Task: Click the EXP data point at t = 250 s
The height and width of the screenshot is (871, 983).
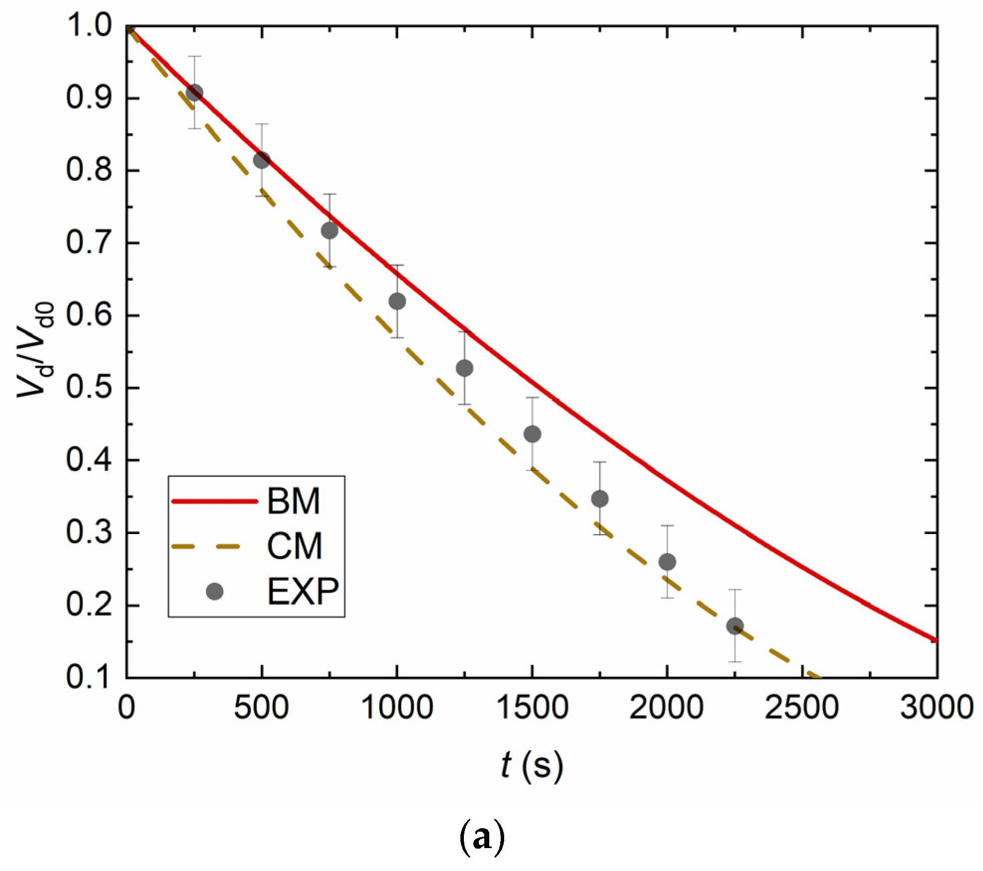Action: pos(194,93)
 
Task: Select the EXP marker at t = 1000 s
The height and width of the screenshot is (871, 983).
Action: pos(397,301)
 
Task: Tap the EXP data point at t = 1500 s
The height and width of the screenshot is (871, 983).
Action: pos(532,434)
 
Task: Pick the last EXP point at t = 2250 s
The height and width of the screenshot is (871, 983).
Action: pos(735,626)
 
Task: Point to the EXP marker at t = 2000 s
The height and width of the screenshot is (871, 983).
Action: pos(667,562)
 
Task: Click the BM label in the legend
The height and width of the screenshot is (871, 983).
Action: pos(293,501)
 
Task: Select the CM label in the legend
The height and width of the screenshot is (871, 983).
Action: pos(294,546)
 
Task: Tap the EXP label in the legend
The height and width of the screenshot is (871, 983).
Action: pos(303,592)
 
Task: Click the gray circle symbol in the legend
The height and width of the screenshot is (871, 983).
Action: pos(215,592)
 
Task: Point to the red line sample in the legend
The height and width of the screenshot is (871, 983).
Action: pos(215,502)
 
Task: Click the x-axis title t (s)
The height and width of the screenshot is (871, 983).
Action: pos(532,764)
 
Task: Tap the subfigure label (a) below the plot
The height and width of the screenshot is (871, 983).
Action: pos(481,838)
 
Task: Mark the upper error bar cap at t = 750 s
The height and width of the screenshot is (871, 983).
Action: pos(329,194)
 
